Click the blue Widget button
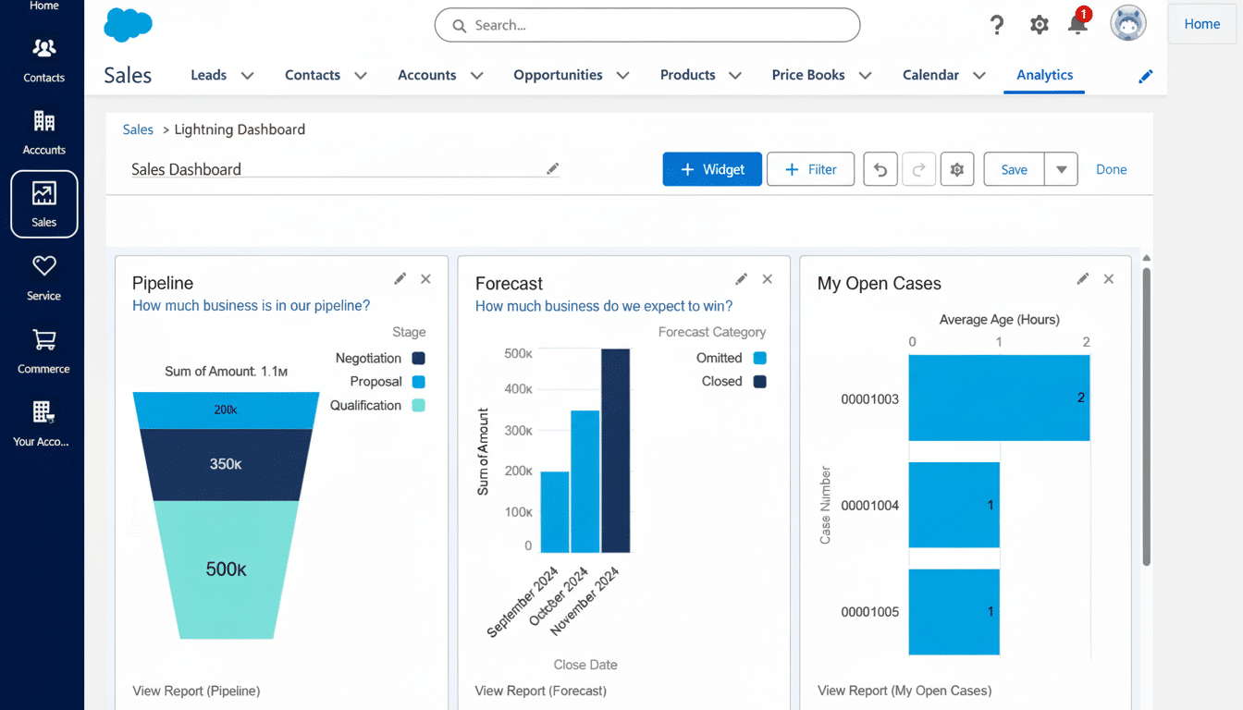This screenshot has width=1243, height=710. pyautogui.click(x=712, y=169)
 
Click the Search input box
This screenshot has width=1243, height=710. pyautogui.click(x=647, y=26)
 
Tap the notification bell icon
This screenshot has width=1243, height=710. pyautogui.click(x=1077, y=25)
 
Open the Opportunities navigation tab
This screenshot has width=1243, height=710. pyautogui.click(x=559, y=75)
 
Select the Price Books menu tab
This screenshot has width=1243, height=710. pyautogui.click(x=808, y=75)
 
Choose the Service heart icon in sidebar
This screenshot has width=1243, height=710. pyautogui.click(x=43, y=267)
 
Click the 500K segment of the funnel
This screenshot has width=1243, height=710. pyautogui.click(x=227, y=569)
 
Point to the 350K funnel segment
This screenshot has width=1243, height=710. pyautogui.click(x=227, y=464)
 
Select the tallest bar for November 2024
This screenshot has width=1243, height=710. pyautogui.click(x=615, y=450)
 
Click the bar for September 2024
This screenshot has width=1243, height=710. pyautogui.click(x=555, y=511)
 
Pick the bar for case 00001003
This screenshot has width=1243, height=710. pyautogui.click(x=999, y=398)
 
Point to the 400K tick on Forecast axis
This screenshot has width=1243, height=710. pyautogui.click(x=518, y=390)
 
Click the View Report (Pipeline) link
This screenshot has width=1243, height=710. pyautogui.click(x=196, y=691)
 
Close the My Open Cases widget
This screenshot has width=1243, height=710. pyautogui.click(x=1109, y=279)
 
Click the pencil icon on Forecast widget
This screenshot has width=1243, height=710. pyautogui.click(x=741, y=279)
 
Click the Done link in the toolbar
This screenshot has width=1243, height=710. pyautogui.click(x=1111, y=169)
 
